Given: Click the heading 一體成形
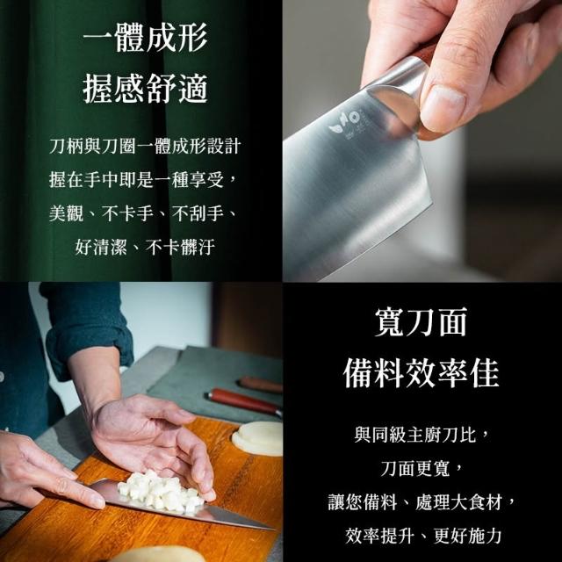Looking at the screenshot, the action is (145, 37).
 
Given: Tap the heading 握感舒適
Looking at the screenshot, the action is (145, 89).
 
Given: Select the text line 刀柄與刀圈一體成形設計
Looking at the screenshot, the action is (145, 146).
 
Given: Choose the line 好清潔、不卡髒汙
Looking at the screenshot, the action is (145, 247).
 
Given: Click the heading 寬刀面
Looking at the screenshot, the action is (421, 322).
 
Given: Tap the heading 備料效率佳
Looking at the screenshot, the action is (421, 373).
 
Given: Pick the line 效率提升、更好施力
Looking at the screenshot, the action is (423, 536).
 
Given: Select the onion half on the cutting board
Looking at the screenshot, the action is (257, 438).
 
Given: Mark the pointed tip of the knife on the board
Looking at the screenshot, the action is (274, 529).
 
